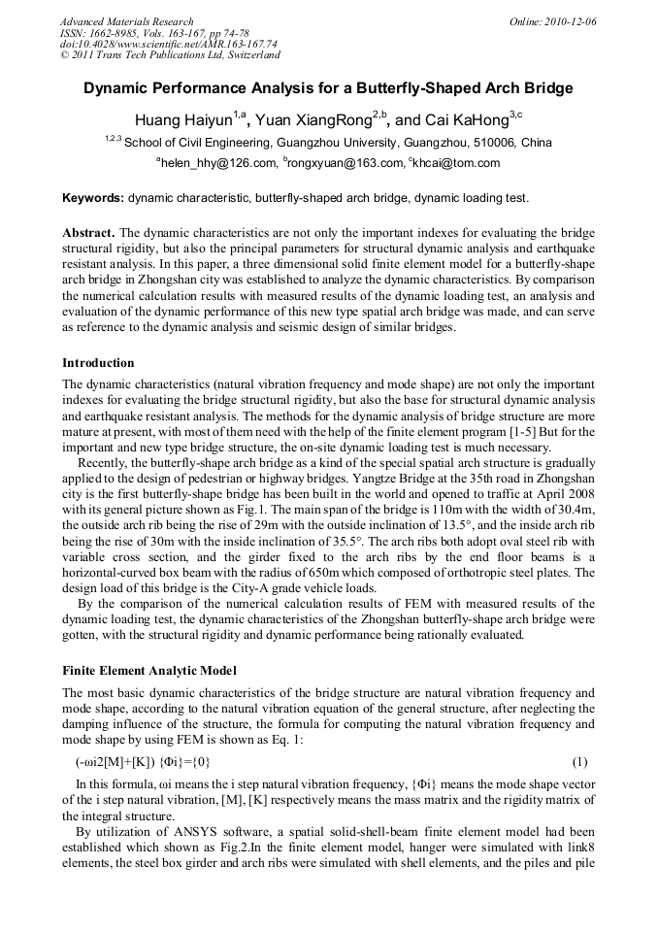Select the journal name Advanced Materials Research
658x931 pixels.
click(x=126, y=21)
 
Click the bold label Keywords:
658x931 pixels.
click(x=93, y=198)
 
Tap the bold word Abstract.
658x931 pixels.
click(x=89, y=234)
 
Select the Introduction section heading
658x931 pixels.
click(x=98, y=363)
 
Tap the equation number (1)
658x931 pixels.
click(x=579, y=762)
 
